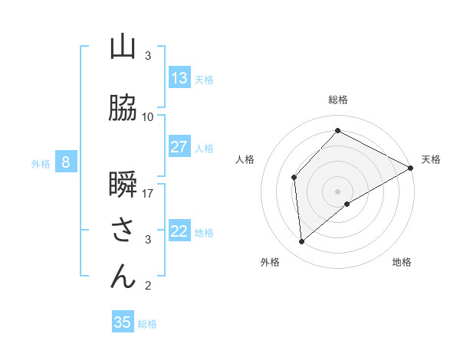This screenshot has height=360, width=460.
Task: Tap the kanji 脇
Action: [x=123, y=109]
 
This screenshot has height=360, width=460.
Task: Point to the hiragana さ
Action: [x=123, y=231]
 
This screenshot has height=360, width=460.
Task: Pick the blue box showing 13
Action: [x=179, y=78]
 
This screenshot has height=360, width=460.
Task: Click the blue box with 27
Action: [x=179, y=147]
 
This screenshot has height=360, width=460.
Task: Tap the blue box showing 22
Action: [x=179, y=231]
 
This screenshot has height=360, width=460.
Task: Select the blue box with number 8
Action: [x=66, y=162]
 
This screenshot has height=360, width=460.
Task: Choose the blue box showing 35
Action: [x=123, y=322]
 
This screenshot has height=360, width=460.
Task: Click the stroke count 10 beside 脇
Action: [x=148, y=116]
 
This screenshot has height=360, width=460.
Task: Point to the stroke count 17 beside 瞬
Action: [x=148, y=193]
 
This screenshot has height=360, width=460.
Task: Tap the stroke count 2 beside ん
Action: [x=148, y=286]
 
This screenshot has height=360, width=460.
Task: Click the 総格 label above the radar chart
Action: [x=338, y=100]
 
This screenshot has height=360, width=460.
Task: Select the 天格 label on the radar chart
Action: [x=431, y=159]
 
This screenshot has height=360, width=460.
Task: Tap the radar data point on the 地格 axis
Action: [x=347, y=204]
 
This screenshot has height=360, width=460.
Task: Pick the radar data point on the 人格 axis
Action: [x=294, y=178]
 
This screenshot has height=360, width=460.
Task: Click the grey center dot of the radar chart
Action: [x=338, y=191]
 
